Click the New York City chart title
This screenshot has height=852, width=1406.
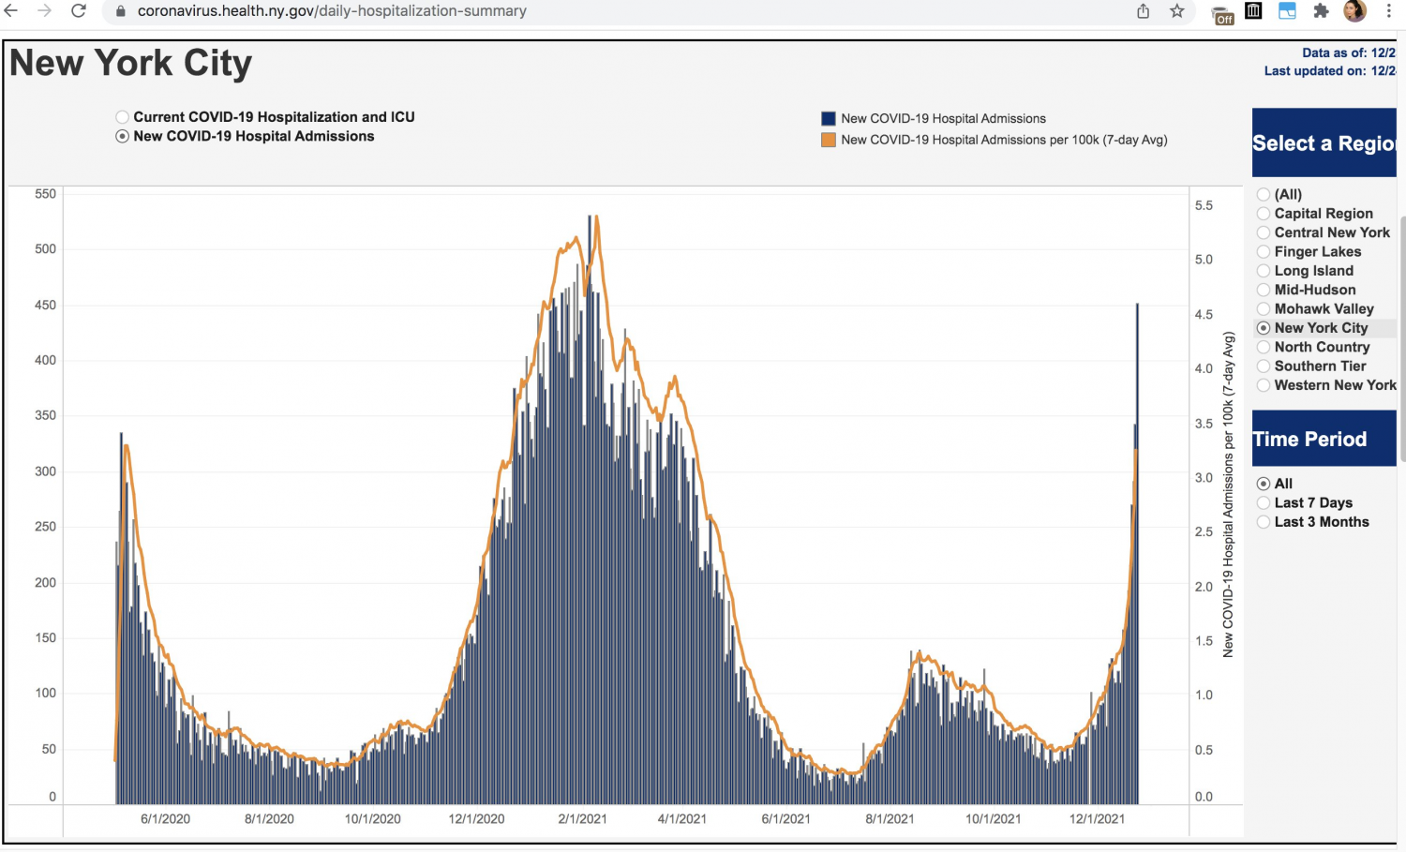pyautogui.click(x=131, y=64)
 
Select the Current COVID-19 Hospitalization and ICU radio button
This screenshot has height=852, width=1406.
pyautogui.click(x=123, y=117)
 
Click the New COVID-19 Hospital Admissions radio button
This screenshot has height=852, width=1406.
pyautogui.click(x=123, y=137)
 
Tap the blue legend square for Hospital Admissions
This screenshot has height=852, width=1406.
pyautogui.click(x=829, y=119)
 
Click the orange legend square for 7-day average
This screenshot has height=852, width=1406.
pyautogui.click(x=829, y=141)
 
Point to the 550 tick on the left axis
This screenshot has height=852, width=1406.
pyautogui.click(x=45, y=194)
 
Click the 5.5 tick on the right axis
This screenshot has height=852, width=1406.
pyautogui.click(x=1204, y=205)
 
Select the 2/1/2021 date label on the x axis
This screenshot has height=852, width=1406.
pyautogui.click(x=582, y=818)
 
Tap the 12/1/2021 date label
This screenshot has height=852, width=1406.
pyautogui.click(x=1097, y=818)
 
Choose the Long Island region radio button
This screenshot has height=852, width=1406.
pyautogui.click(x=1264, y=271)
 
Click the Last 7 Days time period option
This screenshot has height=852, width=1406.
pyautogui.click(x=1264, y=503)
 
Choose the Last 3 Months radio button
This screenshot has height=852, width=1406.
pyautogui.click(x=1264, y=522)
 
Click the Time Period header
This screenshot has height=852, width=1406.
pyautogui.click(x=1309, y=439)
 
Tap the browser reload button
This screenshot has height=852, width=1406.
pyautogui.click(x=79, y=11)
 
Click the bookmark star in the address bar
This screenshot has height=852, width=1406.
pyautogui.click(x=1177, y=11)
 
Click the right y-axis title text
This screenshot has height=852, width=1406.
pyautogui.click(x=1228, y=494)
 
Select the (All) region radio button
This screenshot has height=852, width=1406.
pyautogui.click(x=1264, y=195)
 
